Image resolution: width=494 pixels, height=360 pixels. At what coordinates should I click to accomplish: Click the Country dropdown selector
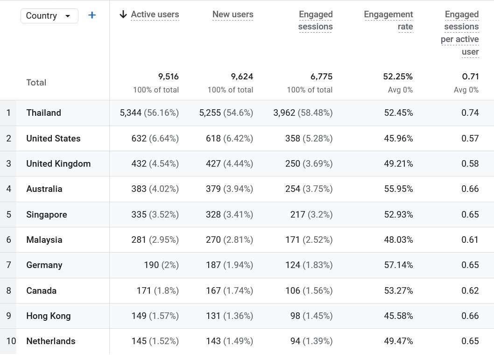click(x=49, y=16)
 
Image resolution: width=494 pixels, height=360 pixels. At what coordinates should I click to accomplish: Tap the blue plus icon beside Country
click(x=92, y=15)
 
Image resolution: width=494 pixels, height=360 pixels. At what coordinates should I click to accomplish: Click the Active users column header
click(x=155, y=14)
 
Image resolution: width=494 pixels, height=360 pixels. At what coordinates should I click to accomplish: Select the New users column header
click(x=233, y=14)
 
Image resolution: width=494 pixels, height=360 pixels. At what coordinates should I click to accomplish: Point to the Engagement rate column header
click(x=388, y=21)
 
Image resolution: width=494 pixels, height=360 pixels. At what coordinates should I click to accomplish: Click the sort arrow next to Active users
click(x=123, y=14)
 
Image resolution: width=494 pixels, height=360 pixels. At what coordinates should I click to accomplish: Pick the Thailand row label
click(x=43, y=113)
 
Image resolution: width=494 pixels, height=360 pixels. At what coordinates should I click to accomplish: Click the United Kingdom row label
click(x=58, y=164)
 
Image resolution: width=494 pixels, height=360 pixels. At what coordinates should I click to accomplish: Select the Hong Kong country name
click(x=49, y=316)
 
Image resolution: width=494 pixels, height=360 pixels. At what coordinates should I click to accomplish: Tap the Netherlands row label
click(x=50, y=341)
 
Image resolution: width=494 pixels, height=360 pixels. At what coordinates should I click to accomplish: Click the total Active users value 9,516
click(x=168, y=77)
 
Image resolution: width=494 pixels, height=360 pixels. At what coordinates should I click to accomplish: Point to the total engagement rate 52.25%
click(x=398, y=77)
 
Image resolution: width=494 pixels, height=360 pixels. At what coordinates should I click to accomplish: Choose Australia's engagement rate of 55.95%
click(x=398, y=189)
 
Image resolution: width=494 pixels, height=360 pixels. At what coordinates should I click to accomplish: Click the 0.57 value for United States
click(x=470, y=139)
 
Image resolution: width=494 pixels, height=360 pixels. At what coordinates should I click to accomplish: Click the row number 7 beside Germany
click(x=8, y=265)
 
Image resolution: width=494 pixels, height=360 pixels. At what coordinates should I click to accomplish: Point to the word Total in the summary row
click(x=36, y=83)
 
